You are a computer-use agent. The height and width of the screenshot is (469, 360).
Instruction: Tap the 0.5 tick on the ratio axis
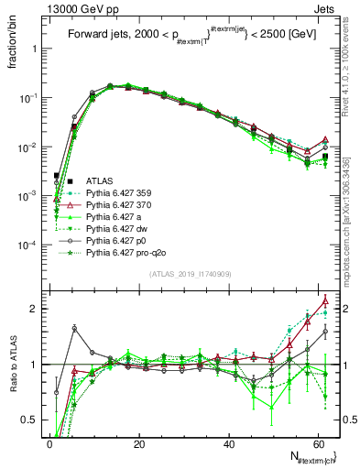pyautogui.click(x=29, y=420)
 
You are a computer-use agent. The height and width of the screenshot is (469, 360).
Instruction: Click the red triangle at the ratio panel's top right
pyautogui.click(x=325, y=300)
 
